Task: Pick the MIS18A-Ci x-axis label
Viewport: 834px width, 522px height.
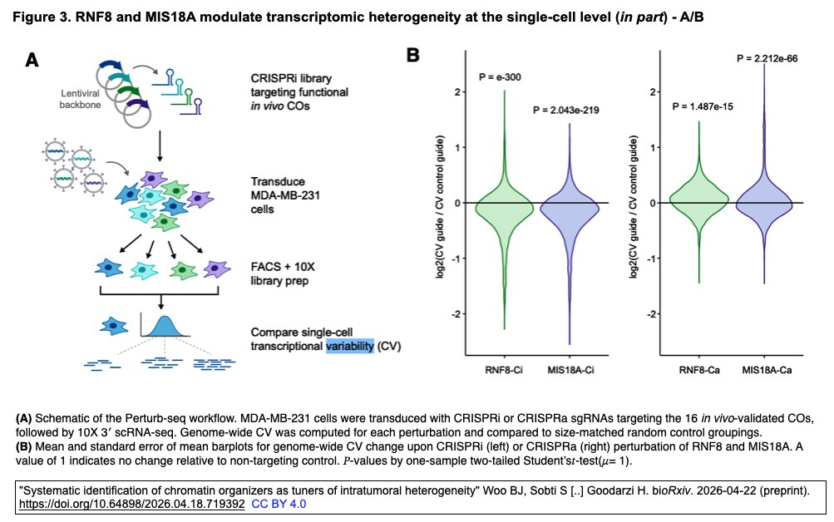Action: tap(571, 367)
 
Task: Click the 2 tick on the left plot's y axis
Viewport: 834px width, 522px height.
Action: tap(456, 91)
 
